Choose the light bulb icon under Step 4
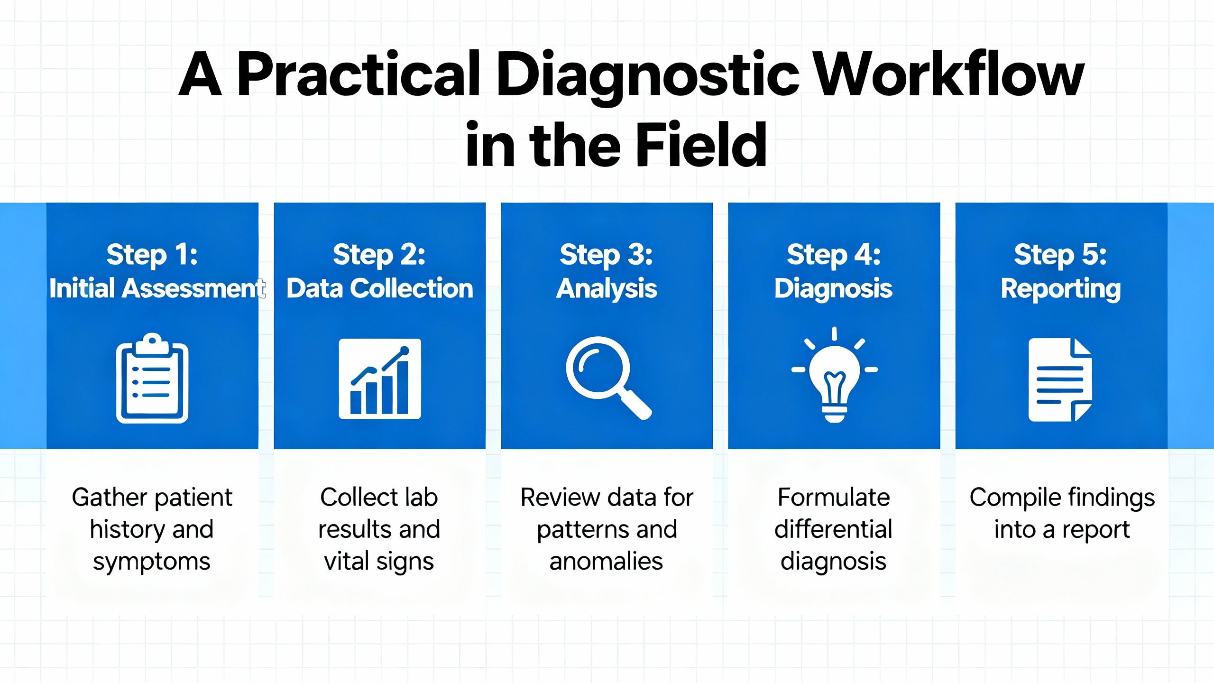tap(834, 375)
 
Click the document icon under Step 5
tap(1060, 379)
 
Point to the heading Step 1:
tap(152, 255)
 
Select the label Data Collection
tap(380, 288)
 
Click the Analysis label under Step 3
tap(607, 288)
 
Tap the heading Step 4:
tap(834, 255)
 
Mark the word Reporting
tap(1061, 288)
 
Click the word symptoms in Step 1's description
tap(152, 562)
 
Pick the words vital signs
tap(379, 562)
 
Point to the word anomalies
tap(606, 562)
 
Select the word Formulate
tap(834, 498)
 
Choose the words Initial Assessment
tap(157, 288)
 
